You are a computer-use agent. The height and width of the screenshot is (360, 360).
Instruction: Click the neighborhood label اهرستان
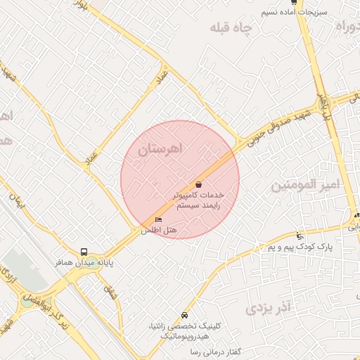coord(160,149)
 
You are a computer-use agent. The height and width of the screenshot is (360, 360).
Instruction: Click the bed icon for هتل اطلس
coord(157,219)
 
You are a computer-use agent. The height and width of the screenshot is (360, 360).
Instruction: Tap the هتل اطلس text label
coord(159,230)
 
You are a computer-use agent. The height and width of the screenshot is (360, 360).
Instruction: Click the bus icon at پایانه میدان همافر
coord(84,251)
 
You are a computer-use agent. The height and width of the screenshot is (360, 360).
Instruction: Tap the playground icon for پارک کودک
coord(301,236)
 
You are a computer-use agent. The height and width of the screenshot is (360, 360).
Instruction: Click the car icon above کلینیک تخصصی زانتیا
coord(184,315)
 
